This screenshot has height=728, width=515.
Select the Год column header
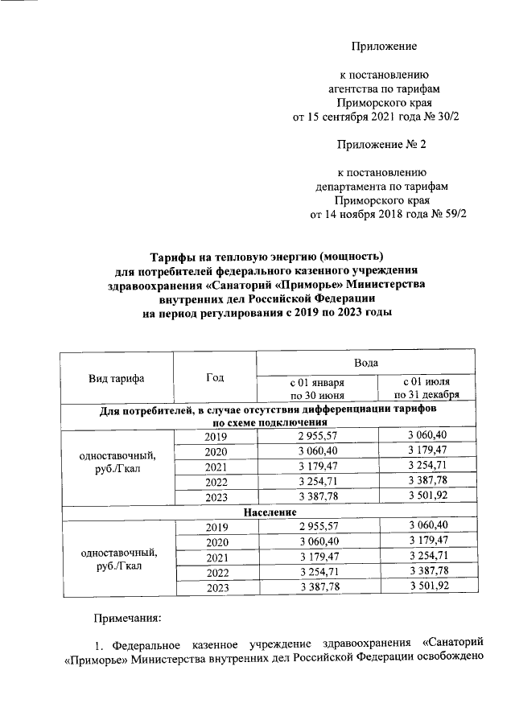point(215,377)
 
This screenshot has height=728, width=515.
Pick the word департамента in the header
point(352,185)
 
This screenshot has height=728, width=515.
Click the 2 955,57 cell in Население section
point(317,527)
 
